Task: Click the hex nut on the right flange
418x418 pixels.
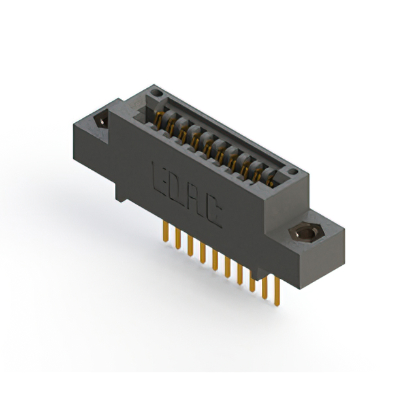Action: [x=306, y=234]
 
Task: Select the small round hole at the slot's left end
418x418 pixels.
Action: [x=156, y=93]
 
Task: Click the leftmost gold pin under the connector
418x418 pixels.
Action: [x=166, y=232]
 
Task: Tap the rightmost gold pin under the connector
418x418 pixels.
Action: [x=277, y=291]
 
